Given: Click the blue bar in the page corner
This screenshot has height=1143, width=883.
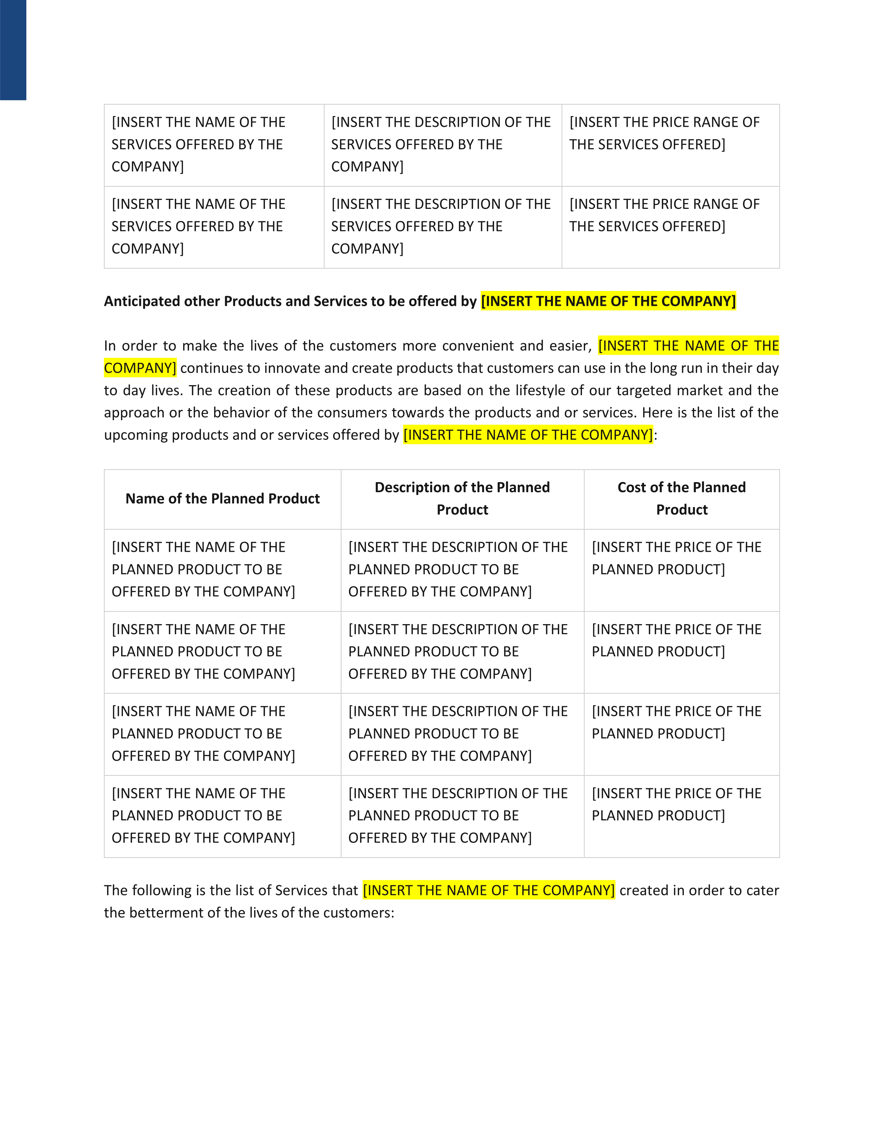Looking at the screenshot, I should click(x=13, y=50).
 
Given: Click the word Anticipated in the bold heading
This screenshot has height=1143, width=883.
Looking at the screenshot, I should click(x=137, y=301).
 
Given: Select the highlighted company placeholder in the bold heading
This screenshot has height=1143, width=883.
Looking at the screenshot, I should click(x=608, y=301).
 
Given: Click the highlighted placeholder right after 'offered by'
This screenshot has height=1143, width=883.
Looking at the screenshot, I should click(x=528, y=435).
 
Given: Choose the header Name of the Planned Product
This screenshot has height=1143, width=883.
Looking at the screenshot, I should click(x=222, y=499).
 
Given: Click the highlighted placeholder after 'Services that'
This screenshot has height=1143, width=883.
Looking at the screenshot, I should click(x=489, y=891).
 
